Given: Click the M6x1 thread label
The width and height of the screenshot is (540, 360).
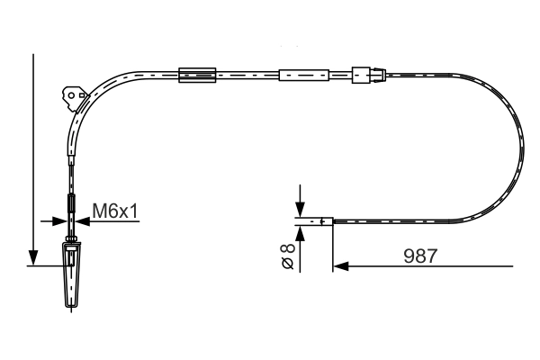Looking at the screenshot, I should coord(114,211).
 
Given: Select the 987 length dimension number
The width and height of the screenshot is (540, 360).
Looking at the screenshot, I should coord(419,256).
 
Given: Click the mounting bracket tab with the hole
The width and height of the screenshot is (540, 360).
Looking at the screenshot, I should coord(70,94).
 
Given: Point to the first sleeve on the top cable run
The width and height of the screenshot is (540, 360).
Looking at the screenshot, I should coord(198,75).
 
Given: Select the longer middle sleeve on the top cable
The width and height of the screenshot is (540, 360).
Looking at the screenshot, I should coord(304,76).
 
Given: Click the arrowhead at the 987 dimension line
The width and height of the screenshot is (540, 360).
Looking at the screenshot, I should coord(341,265).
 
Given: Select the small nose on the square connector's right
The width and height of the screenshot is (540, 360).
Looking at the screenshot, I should coord(379,76).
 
